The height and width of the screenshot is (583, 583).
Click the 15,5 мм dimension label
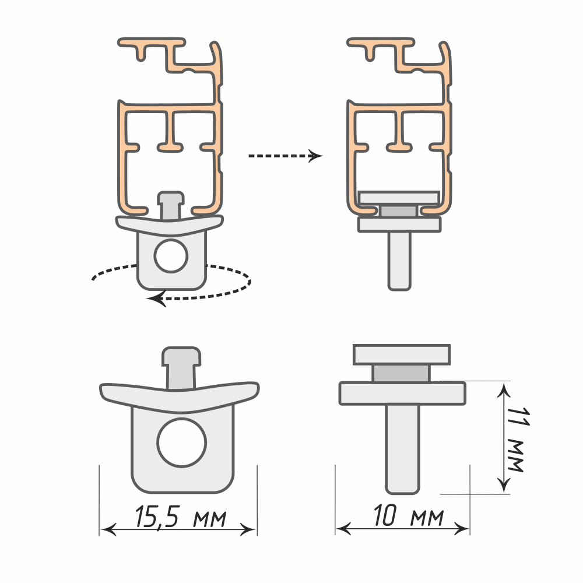tap(180, 517)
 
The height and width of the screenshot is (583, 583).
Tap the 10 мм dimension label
tap(408, 515)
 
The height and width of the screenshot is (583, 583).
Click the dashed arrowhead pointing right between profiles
tap(316, 156)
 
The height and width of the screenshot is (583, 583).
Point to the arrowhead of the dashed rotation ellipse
tap(156, 298)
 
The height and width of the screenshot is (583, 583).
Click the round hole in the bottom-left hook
tap(181, 442)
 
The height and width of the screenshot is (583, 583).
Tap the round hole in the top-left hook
tap(171, 256)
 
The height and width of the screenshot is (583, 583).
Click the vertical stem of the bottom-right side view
tap(402, 449)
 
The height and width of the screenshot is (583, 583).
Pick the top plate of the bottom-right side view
tap(402, 354)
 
